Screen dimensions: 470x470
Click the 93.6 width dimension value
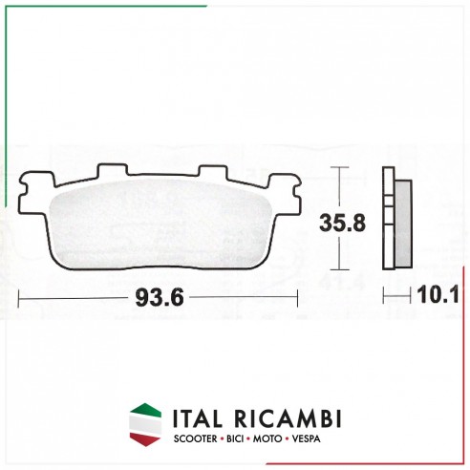(x=160, y=298)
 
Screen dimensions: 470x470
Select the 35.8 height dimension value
(x=342, y=223)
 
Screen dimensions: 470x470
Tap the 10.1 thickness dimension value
(x=438, y=294)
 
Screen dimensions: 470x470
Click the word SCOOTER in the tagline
(x=195, y=438)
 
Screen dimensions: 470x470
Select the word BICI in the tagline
(x=235, y=438)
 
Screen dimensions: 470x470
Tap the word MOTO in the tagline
(x=267, y=438)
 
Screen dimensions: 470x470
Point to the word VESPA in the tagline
(x=306, y=438)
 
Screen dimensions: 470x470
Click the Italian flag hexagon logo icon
(x=145, y=424)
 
